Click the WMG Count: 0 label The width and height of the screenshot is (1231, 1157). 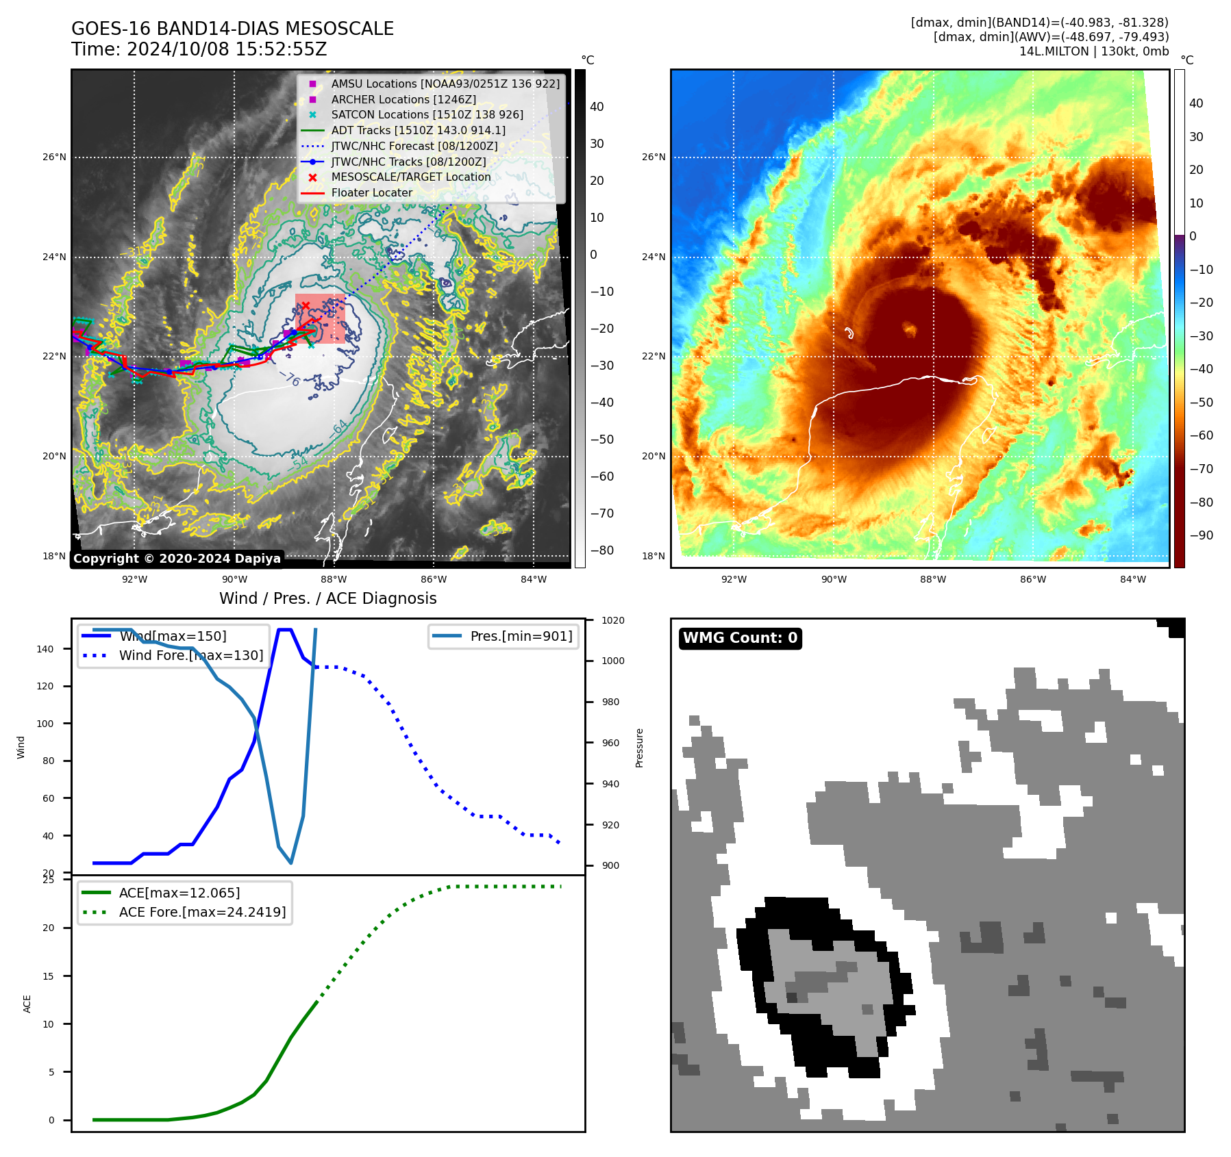[740, 638]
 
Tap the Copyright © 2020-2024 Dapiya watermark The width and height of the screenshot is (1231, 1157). [177, 559]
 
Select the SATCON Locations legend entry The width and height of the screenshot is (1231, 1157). [427, 115]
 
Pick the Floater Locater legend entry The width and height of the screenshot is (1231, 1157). [371, 193]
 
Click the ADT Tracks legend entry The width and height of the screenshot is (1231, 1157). [418, 131]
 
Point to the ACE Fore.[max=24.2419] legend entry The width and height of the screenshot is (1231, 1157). [202, 912]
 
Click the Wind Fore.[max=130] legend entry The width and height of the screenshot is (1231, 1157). [191, 655]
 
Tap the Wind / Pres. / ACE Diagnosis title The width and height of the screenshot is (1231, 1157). [327, 598]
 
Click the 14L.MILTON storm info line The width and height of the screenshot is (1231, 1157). [1093, 51]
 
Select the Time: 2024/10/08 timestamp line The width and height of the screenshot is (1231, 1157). [199, 49]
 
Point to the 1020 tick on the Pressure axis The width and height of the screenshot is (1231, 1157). [613, 620]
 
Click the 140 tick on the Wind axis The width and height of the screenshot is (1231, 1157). [45, 649]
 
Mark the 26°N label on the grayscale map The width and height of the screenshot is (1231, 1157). [55, 157]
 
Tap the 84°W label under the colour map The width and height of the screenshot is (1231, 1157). [1132, 579]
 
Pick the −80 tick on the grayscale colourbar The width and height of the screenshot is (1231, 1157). [602, 550]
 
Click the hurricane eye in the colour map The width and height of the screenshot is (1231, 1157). [910, 329]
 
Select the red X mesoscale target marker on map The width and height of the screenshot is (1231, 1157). [306, 305]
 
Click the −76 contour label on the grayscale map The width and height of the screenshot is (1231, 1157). [293, 379]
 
